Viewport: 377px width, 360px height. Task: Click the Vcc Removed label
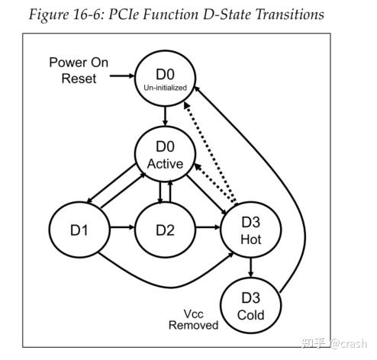point(195,319)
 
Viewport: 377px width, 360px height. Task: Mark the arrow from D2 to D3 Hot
point(208,227)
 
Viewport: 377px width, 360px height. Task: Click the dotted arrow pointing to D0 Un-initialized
point(217,145)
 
